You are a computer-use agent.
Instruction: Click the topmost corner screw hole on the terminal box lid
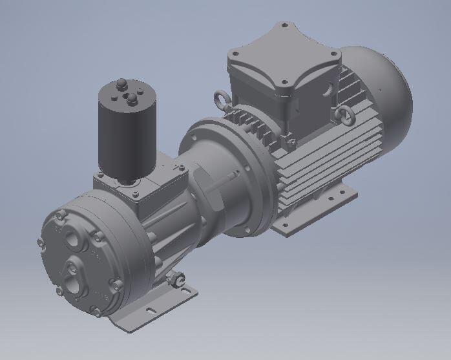point(284,26)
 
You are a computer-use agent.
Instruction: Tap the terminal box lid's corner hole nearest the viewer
point(282,83)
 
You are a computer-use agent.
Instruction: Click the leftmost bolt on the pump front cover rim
point(40,244)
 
